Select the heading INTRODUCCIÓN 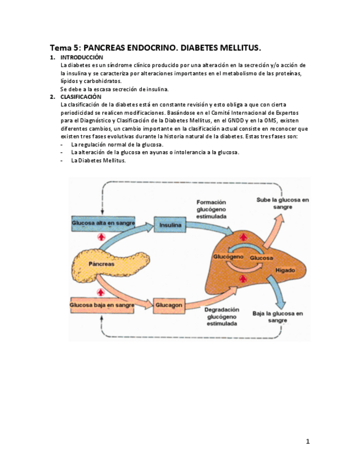81,58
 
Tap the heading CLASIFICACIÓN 81,97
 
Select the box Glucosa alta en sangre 102,223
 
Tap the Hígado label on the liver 285,271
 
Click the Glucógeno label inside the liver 228,257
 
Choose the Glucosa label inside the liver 262,258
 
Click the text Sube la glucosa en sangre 283,203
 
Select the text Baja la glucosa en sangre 278,317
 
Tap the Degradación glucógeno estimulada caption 221,317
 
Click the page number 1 308,441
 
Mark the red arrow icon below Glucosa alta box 101,237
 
